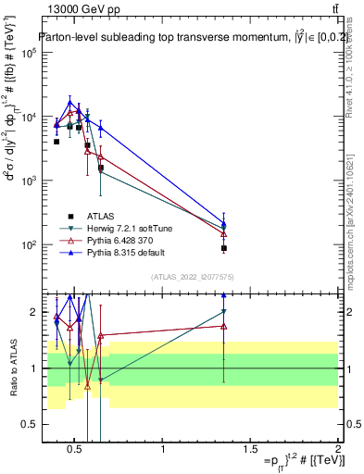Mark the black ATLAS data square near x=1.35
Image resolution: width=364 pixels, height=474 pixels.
224,248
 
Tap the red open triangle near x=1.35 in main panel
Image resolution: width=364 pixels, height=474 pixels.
224,233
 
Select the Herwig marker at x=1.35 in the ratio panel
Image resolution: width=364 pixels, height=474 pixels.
224,312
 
